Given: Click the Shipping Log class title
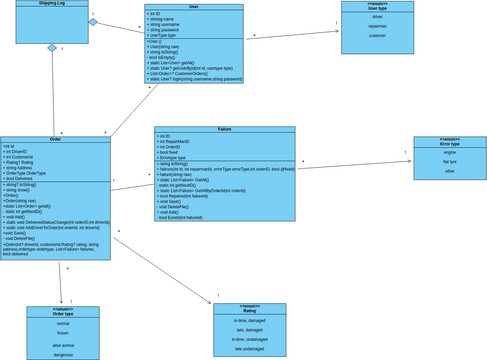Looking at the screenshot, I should [51, 5].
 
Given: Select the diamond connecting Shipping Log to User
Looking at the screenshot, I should [93, 21].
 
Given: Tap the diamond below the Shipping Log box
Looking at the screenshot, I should [51, 49].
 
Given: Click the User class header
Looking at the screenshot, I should [193, 7].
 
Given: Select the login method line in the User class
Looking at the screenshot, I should [195, 78].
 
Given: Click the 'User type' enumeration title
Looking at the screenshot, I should [377, 8].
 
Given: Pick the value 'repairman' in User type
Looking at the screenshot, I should [377, 26].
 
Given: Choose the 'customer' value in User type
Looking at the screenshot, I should [377, 35].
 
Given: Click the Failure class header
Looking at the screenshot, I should [224, 129].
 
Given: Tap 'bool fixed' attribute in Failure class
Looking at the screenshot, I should [172, 152].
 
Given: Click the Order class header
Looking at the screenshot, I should [55, 139].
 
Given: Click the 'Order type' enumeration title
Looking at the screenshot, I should [63, 314].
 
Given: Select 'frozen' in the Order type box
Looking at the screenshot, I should [63, 332].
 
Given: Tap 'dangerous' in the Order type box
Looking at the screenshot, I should [63, 354].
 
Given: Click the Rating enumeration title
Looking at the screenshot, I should [249, 311].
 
